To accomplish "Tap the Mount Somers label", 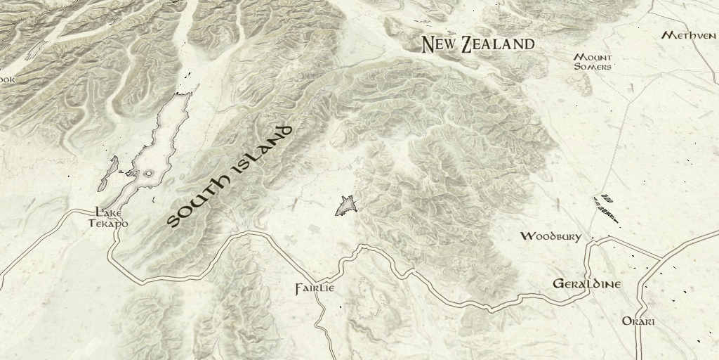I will (x=593, y=62).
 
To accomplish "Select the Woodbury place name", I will (x=550, y=237).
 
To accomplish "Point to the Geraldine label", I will (x=587, y=285).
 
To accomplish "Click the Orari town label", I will (x=638, y=321).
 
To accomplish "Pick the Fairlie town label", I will (x=315, y=289).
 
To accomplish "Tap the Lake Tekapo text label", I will (x=109, y=217).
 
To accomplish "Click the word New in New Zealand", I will (x=440, y=45).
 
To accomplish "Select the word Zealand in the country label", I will (x=498, y=44).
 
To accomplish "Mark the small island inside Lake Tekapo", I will (x=148, y=173).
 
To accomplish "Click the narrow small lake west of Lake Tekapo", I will (x=109, y=174).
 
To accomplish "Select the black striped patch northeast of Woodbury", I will (x=607, y=207).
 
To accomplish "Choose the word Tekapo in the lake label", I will (x=109, y=223).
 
